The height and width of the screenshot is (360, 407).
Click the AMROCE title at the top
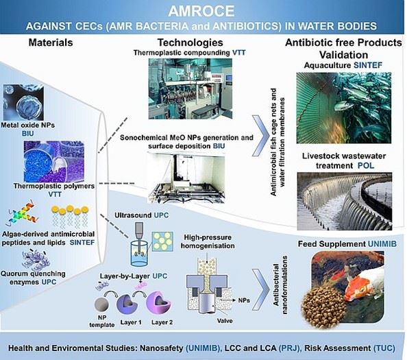[x=201, y=11]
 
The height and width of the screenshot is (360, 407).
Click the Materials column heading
[x=51, y=43]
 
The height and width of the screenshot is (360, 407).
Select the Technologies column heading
[x=190, y=43]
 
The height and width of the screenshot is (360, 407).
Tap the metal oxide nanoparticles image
[x=23, y=102]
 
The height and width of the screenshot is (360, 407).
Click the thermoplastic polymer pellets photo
[x=54, y=161]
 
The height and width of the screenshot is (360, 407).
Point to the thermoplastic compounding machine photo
[x=190, y=88]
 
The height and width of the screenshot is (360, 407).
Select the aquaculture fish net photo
[x=344, y=108]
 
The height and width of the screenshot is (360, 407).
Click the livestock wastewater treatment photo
[x=345, y=202]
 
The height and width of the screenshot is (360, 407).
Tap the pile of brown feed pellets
[x=324, y=307]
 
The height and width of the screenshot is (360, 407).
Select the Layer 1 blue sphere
[x=127, y=304]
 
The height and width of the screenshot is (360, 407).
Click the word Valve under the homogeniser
[x=225, y=321]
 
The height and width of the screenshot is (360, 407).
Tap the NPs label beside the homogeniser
[x=244, y=300]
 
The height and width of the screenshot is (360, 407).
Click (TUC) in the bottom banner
[x=384, y=348]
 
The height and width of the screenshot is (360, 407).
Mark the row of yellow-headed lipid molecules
[x=70, y=216]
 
